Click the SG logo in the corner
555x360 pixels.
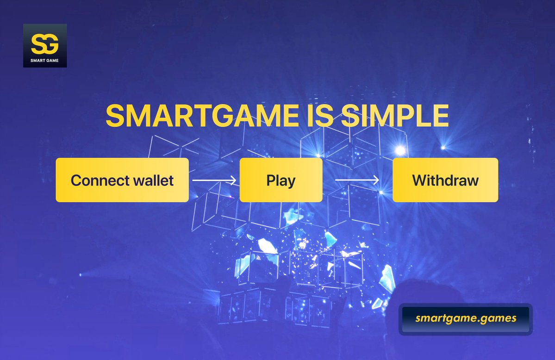point(45,45)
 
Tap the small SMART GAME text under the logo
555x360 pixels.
point(45,60)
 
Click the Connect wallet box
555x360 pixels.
point(122,180)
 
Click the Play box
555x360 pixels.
point(281,180)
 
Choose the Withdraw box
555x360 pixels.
point(445,180)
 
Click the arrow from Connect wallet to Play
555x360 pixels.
point(214,180)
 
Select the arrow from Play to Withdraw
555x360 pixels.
point(357,180)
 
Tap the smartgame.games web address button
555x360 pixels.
point(466,319)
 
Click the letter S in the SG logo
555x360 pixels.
point(37,44)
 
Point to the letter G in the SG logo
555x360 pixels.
point(51,44)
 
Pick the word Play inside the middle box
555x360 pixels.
point(281,180)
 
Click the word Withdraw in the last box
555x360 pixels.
point(445,180)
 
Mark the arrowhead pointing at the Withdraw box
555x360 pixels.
point(376,180)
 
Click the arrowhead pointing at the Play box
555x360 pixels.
point(233,180)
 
